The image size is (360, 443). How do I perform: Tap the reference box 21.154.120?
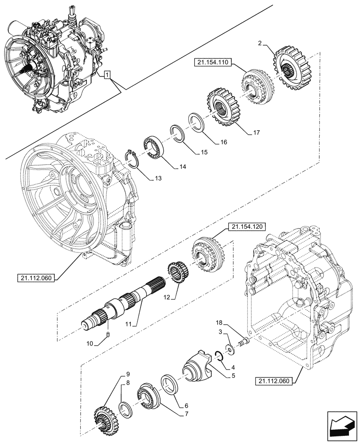247,226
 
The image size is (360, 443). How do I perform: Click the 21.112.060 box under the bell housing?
36,278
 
